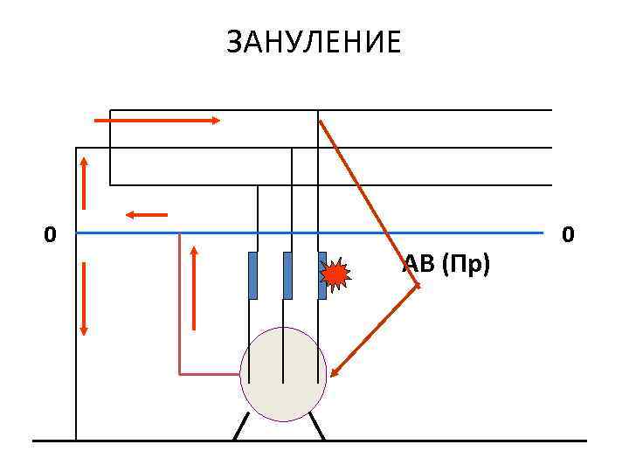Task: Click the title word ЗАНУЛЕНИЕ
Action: [314, 42]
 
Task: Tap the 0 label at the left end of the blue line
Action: [51, 234]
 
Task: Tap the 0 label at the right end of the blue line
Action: [569, 234]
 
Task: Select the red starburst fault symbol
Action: [335, 275]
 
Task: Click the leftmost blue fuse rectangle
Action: [253, 275]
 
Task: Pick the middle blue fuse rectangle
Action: [287, 275]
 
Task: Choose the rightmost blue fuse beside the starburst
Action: [321, 275]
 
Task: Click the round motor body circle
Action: [283, 374]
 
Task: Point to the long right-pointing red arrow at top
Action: [157, 120]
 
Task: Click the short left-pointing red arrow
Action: [146, 213]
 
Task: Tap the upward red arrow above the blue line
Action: [84, 183]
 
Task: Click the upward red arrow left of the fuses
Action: [194, 288]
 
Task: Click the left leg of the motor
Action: [240, 429]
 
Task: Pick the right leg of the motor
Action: [316, 428]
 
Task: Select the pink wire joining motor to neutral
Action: [180, 332]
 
